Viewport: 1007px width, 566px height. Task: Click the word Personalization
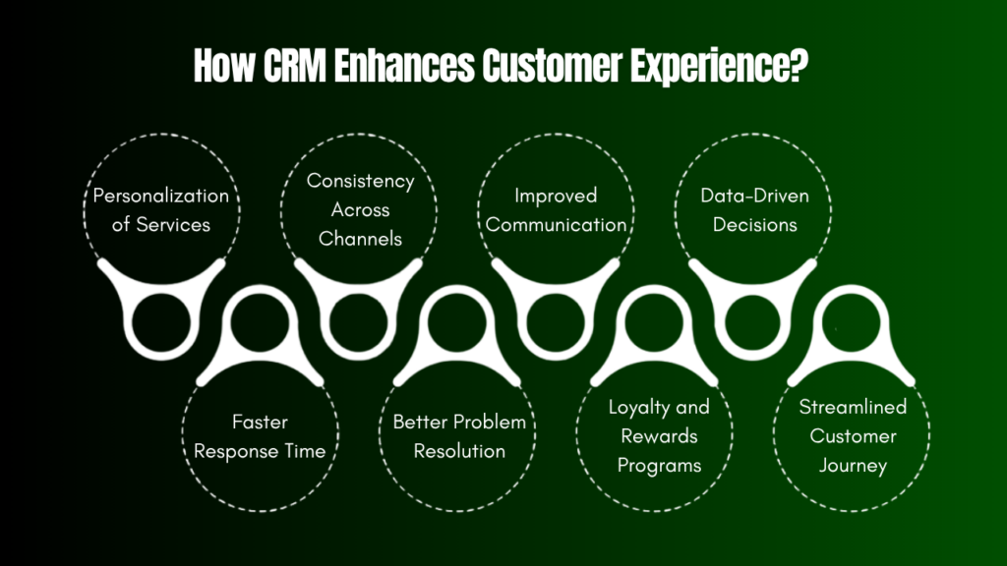tap(161, 196)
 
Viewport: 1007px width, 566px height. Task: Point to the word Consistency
tap(360, 181)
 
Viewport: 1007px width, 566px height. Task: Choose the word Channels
tap(360, 239)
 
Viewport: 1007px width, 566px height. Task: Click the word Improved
tap(556, 196)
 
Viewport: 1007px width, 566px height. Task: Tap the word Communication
tap(556, 224)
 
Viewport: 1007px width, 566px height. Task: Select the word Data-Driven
tap(755, 196)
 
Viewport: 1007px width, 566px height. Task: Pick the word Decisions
tap(755, 224)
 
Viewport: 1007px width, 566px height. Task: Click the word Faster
tap(260, 422)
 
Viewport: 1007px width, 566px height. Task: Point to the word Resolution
tap(459, 451)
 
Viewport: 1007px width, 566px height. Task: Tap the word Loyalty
tap(634, 407)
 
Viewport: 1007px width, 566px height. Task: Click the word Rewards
tap(657, 436)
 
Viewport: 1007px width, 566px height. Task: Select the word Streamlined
tap(853, 407)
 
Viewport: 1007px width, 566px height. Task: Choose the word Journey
tap(853, 465)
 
